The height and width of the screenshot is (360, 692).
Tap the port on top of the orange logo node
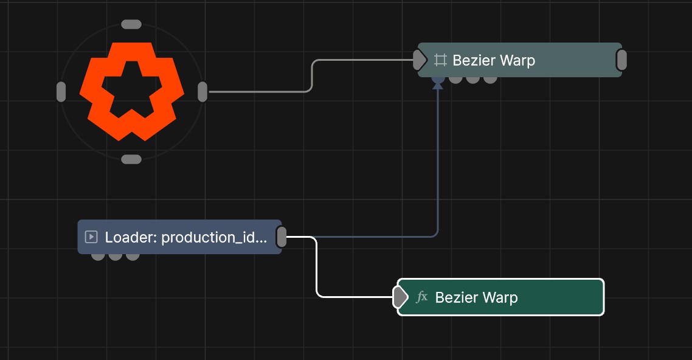[x=131, y=24]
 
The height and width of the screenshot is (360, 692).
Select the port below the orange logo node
[x=131, y=159]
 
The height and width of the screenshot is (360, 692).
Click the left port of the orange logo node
[x=61, y=92]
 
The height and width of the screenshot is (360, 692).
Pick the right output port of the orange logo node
[x=202, y=92]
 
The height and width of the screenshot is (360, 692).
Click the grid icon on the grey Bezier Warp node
[x=440, y=60]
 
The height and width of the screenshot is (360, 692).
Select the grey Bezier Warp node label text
[x=494, y=60]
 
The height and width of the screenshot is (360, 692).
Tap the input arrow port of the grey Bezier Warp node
[x=420, y=60]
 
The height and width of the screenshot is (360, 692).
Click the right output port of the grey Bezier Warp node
[x=621, y=60]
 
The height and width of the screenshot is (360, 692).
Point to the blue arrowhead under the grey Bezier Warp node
[x=438, y=85]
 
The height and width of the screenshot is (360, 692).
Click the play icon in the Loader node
[x=91, y=237]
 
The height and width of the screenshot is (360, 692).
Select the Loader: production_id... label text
[x=186, y=237]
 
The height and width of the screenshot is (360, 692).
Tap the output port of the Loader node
[x=281, y=237]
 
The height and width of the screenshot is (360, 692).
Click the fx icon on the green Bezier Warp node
[x=422, y=297]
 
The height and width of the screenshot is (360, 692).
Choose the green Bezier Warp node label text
[x=476, y=297]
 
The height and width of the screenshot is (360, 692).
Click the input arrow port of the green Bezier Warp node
[x=400, y=297]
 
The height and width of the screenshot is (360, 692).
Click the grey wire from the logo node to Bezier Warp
[x=311, y=75]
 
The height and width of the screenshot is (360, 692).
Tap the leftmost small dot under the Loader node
[x=98, y=257]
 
